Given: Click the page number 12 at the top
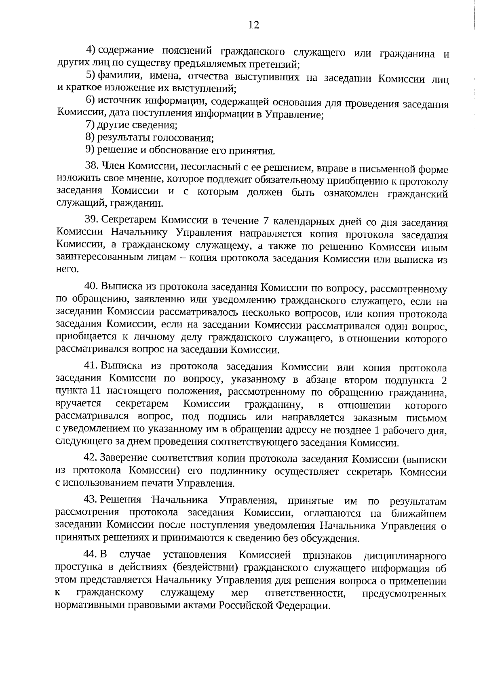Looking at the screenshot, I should pos(253,25).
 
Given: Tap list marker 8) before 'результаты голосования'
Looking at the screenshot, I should pos(90,138).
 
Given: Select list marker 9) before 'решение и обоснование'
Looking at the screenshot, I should pos(90,151).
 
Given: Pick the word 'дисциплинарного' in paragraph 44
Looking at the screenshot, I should pos(405,556).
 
